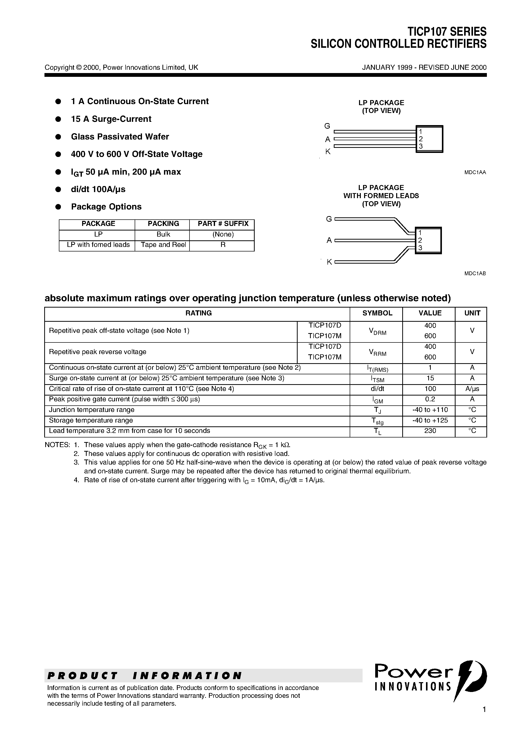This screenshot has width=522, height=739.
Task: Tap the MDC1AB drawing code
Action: coord(475,273)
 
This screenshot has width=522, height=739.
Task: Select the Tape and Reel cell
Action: coord(163,245)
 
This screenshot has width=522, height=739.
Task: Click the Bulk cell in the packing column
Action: coord(163,234)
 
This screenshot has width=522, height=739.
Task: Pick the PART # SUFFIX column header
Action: coord(223,224)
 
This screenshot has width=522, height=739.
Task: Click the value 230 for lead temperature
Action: coord(430,431)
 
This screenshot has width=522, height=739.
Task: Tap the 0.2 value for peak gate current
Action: coord(430,399)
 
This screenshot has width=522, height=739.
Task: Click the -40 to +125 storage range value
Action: coord(430,420)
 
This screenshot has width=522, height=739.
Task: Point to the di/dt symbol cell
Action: coord(377,389)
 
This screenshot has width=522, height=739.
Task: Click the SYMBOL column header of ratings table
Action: coord(377,313)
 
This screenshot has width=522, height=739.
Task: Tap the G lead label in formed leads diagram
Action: coord(328,219)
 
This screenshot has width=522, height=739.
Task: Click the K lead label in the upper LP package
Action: coord(328,152)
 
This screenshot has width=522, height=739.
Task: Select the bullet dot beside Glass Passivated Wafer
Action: coord(58,137)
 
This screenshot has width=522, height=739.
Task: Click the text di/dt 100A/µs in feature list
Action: coord(98,189)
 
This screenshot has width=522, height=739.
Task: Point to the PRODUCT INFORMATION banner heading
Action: coord(145,675)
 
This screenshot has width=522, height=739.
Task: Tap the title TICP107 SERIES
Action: coord(447,32)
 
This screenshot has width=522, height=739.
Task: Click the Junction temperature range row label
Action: coord(92,410)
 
